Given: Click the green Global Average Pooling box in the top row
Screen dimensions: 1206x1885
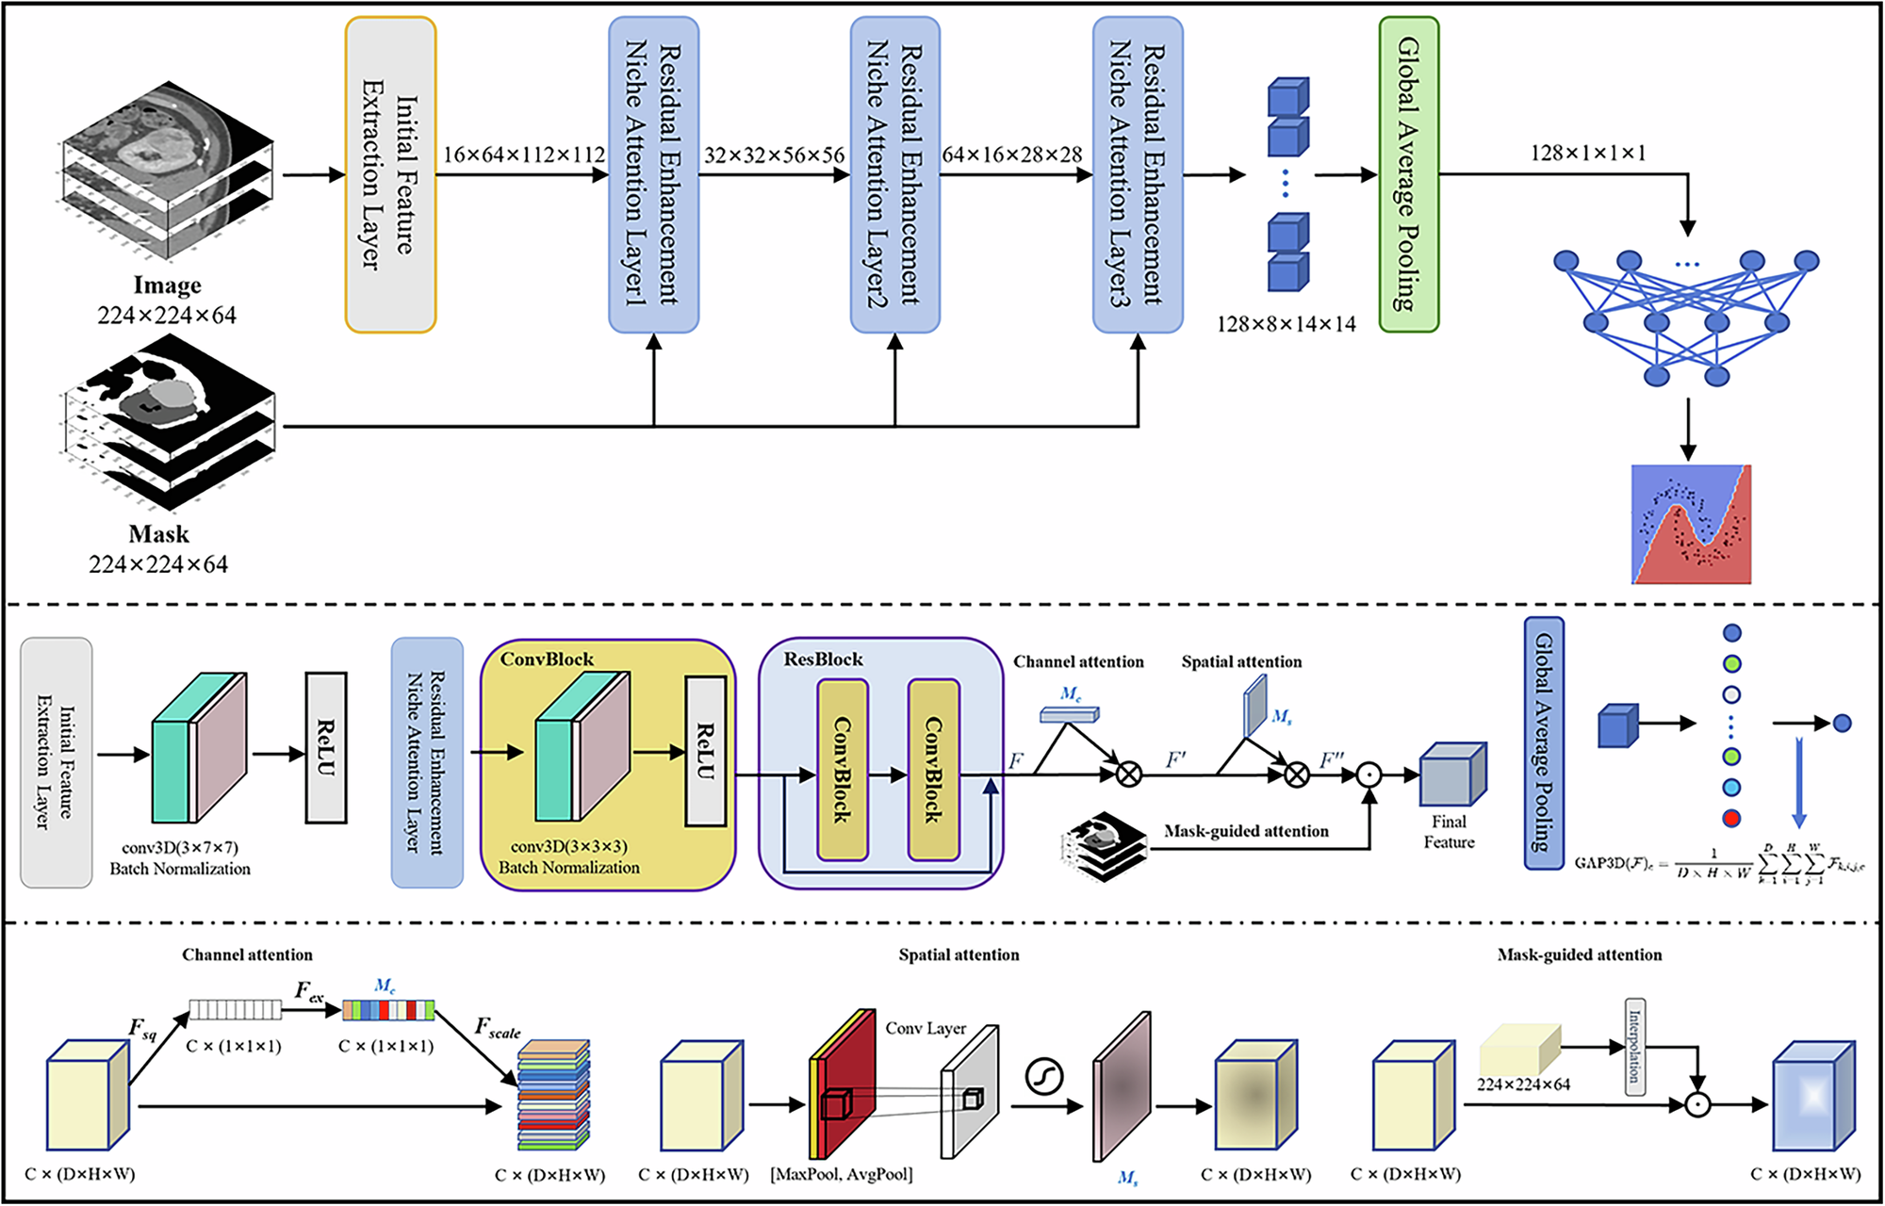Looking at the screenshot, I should [x=1408, y=174].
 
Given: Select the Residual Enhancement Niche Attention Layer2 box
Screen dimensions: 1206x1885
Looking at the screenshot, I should [x=894, y=174].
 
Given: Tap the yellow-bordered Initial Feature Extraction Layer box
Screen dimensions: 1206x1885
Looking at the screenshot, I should [x=390, y=174].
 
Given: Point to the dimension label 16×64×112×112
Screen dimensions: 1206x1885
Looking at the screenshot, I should [x=524, y=155].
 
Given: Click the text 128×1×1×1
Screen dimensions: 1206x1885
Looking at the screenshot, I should [x=1588, y=153].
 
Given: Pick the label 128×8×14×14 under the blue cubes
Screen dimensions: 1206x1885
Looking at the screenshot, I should [x=1286, y=324].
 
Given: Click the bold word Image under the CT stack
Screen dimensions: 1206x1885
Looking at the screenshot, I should [x=167, y=285].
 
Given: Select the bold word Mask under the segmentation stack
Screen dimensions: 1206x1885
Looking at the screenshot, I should [x=158, y=534].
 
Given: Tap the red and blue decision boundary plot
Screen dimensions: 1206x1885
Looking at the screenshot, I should [x=1691, y=524].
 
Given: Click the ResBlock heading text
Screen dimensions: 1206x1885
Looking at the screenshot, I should [x=823, y=660].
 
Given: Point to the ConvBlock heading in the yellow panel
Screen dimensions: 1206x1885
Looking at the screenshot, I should [x=547, y=660].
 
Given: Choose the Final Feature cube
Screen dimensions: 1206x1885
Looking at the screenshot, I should [x=1451, y=774].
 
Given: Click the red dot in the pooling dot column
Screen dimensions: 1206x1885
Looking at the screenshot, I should [x=1731, y=818].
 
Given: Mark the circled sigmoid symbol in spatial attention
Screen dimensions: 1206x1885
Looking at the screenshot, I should [x=1043, y=1075].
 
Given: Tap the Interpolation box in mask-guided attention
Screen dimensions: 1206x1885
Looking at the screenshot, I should [x=1635, y=1047].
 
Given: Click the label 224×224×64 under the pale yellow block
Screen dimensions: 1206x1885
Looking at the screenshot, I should [x=1523, y=1084].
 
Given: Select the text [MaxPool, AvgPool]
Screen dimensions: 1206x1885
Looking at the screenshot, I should [x=842, y=1174].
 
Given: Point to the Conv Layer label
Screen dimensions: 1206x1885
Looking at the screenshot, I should [x=926, y=1028].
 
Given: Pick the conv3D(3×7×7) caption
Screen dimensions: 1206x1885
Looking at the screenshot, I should [x=180, y=847].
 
